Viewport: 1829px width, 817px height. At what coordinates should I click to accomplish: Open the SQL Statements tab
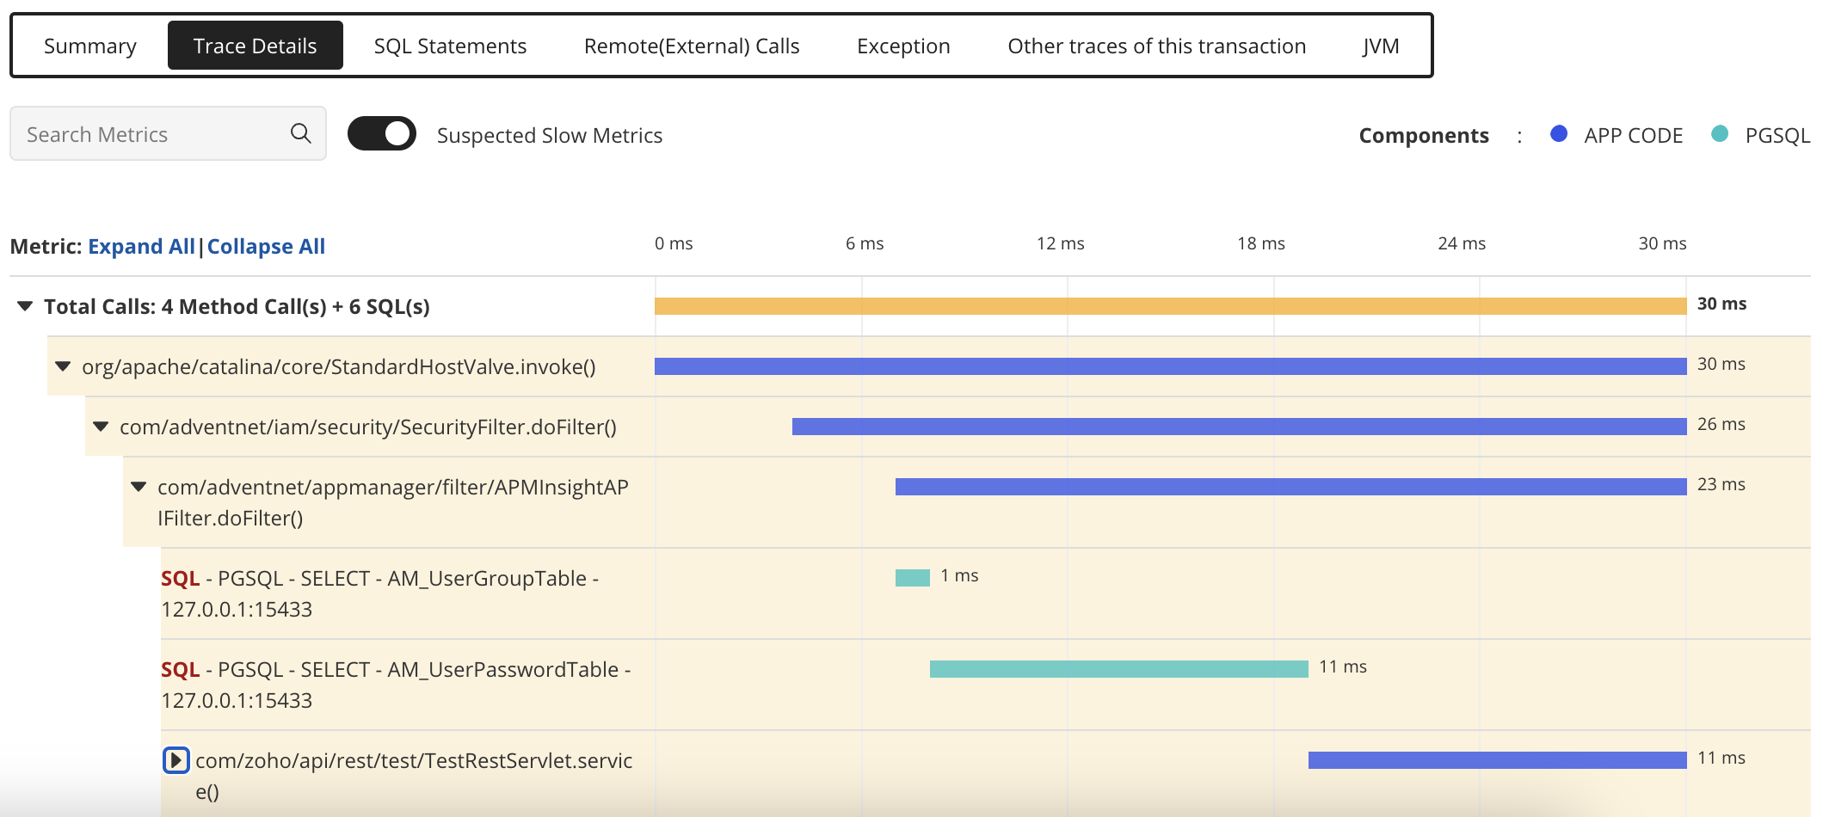[450, 46]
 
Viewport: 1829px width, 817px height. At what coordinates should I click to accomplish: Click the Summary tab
[90, 46]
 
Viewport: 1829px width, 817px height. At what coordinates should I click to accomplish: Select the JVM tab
[1380, 46]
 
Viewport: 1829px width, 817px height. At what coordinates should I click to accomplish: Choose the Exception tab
[903, 46]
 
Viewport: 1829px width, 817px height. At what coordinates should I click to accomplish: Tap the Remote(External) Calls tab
[692, 46]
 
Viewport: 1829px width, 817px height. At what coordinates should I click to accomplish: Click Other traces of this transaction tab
[1156, 46]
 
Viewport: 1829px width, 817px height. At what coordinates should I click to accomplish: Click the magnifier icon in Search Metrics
[300, 133]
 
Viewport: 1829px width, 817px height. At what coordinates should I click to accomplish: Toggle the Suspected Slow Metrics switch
[382, 134]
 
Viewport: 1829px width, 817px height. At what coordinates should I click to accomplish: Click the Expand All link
[141, 247]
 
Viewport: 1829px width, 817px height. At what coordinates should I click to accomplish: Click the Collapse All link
[266, 247]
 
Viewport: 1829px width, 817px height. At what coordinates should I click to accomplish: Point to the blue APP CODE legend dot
[1558, 134]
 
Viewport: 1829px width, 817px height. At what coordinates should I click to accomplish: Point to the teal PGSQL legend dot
[1719, 134]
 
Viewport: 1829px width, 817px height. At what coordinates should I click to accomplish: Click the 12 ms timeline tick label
[1060, 244]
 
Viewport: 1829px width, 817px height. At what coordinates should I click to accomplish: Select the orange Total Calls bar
[1170, 306]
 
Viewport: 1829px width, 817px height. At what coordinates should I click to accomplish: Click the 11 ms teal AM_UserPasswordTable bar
[1118, 669]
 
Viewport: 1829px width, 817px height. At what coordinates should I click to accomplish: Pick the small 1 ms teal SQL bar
[912, 578]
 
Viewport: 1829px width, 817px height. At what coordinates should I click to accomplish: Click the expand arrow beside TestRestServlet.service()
[176, 760]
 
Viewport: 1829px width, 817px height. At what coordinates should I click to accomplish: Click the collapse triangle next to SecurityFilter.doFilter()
[101, 427]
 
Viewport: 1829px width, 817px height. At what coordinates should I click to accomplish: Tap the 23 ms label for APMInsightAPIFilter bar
[1721, 485]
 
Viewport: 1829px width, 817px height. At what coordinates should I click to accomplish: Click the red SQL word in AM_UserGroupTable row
[180, 579]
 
